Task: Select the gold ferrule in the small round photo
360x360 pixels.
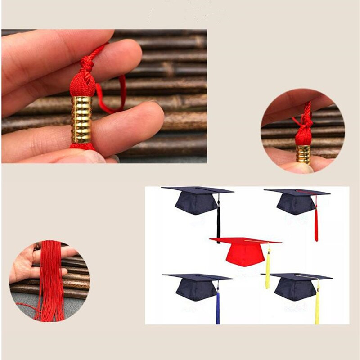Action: (303, 154)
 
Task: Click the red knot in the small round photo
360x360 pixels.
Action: (304, 135)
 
